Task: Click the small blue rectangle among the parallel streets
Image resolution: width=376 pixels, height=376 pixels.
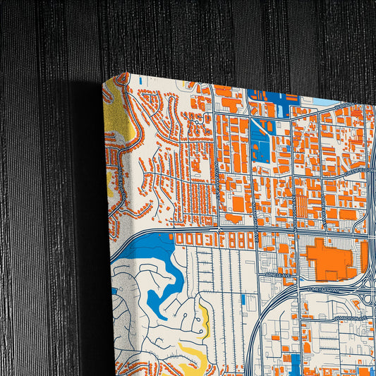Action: tap(243, 299)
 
